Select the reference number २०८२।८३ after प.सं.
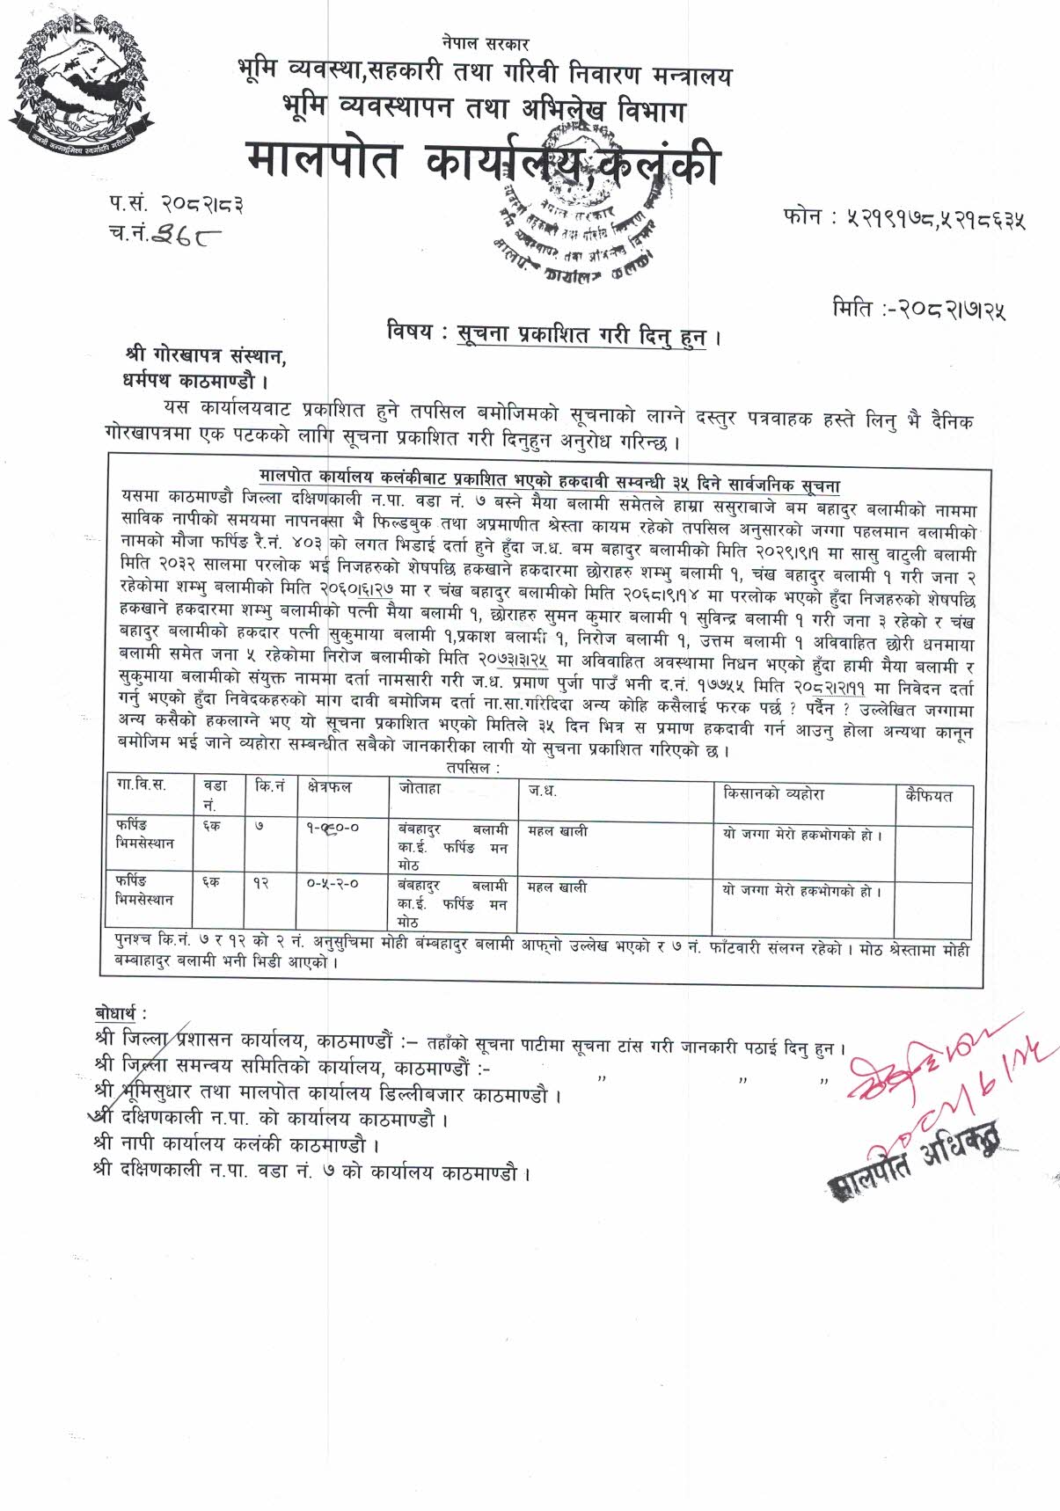[201, 205]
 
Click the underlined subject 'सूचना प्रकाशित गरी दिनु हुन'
[582, 337]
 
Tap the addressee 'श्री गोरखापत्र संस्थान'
[206, 357]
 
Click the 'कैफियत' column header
[928, 795]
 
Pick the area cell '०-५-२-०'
[333, 884]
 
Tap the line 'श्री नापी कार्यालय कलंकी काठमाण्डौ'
[238, 1145]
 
